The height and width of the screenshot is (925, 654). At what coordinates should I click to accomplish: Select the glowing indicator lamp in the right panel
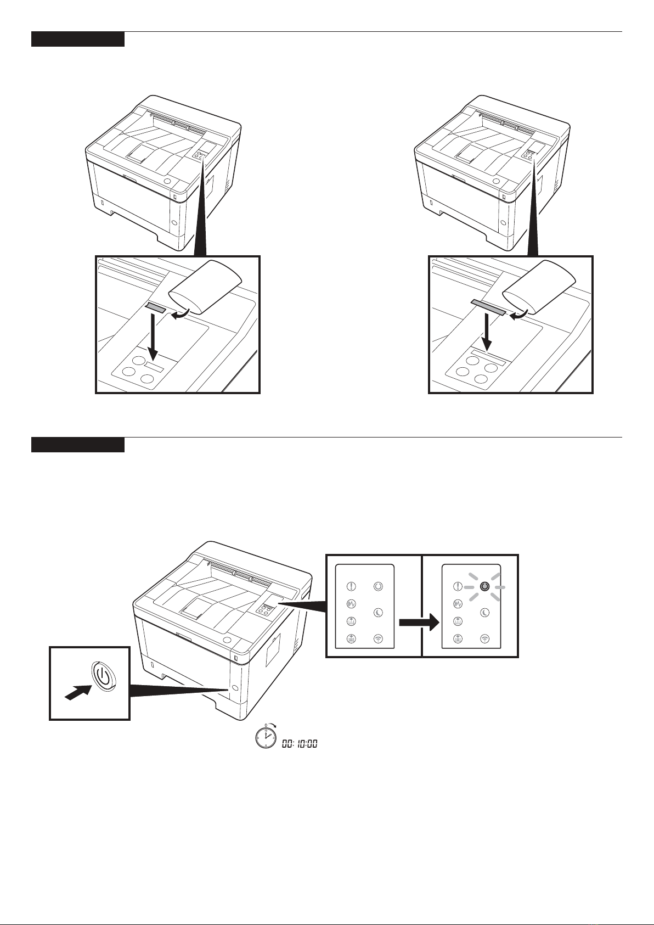484,587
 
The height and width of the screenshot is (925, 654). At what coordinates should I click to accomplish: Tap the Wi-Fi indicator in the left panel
378,638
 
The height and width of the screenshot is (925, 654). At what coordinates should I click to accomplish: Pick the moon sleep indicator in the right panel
484,613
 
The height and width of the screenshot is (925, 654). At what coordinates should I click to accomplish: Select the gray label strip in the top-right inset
489,307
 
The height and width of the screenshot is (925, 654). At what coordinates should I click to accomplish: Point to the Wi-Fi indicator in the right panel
484,638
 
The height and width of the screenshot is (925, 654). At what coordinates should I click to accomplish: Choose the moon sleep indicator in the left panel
378,613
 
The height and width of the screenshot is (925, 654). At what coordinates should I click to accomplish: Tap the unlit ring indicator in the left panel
378,586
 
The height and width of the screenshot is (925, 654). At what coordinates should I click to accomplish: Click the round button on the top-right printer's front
497,182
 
